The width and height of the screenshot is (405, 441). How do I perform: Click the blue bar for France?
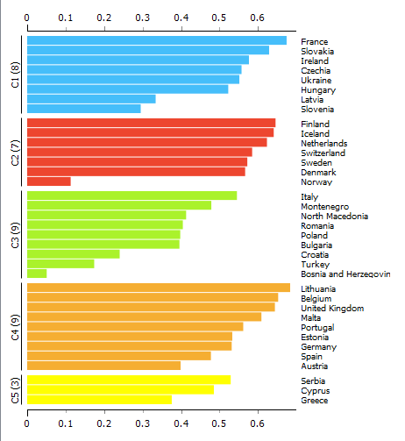[x=157, y=40]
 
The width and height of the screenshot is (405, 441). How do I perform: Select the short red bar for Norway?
[x=49, y=181]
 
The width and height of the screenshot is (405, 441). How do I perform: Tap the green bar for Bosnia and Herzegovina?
[x=37, y=274]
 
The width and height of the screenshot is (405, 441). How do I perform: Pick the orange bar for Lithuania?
[x=159, y=288]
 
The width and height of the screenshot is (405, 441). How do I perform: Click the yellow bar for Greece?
[x=99, y=400]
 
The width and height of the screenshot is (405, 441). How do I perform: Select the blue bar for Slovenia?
[x=84, y=109]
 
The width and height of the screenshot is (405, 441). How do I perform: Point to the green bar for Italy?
[x=132, y=196]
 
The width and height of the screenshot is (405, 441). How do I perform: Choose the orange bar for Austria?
[x=103, y=366]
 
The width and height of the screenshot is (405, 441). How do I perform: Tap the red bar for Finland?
[x=152, y=123]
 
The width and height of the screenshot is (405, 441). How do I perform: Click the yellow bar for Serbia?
[x=129, y=380]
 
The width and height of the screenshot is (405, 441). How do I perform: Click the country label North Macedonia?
[x=335, y=217]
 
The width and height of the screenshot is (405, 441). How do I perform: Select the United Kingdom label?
[x=332, y=309]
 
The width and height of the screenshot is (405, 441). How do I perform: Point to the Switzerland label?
[x=323, y=153]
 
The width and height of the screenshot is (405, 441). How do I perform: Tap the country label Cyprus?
[x=316, y=391]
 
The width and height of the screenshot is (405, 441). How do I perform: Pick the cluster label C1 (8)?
[x=15, y=75]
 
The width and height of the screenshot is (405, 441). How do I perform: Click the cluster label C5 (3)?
[x=15, y=390]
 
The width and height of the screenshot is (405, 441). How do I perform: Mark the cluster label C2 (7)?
[x=15, y=153]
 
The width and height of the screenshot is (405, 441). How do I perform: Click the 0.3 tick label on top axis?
[x=143, y=18]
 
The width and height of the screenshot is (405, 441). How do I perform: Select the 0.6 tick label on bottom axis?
[x=257, y=423]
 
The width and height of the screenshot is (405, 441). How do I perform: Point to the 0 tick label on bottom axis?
[x=27, y=423]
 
